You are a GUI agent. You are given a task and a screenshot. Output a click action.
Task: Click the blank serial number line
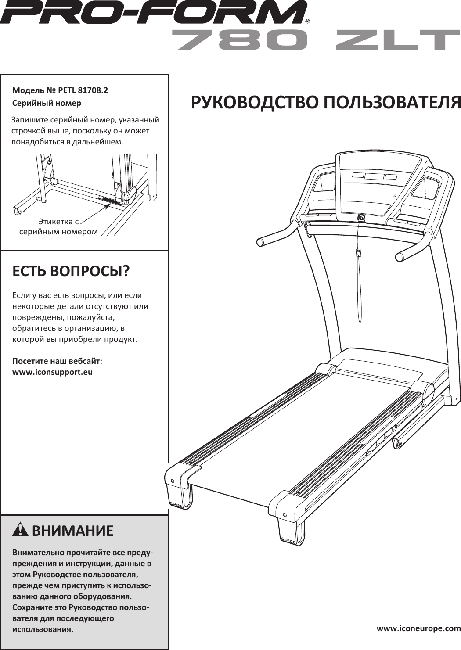tap(119, 104)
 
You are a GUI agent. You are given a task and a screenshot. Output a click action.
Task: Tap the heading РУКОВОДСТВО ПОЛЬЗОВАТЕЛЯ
tap(325, 103)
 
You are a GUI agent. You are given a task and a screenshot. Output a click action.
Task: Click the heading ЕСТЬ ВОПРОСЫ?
tap(71, 271)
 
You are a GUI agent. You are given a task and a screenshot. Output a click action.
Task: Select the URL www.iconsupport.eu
tap(53, 372)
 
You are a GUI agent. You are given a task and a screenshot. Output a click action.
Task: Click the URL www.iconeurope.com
tap(418, 628)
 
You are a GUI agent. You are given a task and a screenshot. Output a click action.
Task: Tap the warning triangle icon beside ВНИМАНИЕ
tap(21, 530)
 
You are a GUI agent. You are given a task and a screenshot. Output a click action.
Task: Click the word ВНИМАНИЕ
tap(73, 531)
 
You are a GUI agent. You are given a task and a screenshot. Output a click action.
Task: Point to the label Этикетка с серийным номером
tap(58, 226)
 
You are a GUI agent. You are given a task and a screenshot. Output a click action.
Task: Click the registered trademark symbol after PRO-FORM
tap(308, 21)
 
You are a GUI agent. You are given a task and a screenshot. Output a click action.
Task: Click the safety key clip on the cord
tap(358, 253)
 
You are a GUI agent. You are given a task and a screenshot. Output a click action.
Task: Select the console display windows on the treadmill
tap(374, 176)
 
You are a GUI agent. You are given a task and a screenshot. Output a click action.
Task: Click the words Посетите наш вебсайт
tap(58, 361)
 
